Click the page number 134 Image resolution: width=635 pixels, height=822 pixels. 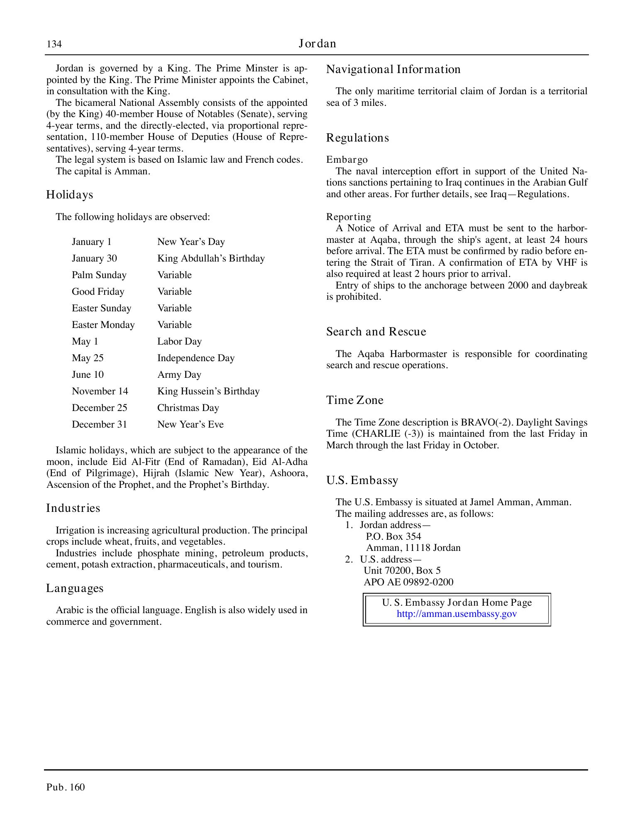pyautogui.click(x=54, y=44)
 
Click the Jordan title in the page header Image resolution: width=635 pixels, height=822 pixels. pyautogui.click(x=317, y=44)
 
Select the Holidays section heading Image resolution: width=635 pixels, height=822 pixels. pyautogui.click(x=69, y=195)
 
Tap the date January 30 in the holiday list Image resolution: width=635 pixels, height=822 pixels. pyautogui.click(x=94, y=259)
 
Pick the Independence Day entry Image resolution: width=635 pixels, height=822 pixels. pyautogui.click(x=196, y=358)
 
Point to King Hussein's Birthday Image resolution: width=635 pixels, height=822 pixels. pyautogui.click(x=208, y=391)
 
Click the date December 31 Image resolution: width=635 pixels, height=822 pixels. pyautogui.click(x=99, y=425)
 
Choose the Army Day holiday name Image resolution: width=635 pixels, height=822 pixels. pyautogui.click(x=179, y=375)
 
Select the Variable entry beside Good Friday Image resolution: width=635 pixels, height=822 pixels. pyautogui.click(x=174, y=292)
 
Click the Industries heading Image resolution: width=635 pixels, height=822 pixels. pyautogui.click(x=73, y=508)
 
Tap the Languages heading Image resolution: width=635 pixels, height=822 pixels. pyautogui.click(x=75, y=588)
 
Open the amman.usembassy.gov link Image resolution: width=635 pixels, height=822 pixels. pyautogui.click(x=457, y=614)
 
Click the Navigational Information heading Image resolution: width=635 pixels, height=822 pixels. pyautogui.click(x=393, y=69)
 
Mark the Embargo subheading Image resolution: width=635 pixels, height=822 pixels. pyautogui.click(x=347, y=160)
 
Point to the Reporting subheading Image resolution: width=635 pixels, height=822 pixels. pyautogui.click(x=349, y=217)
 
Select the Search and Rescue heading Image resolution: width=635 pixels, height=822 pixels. pyautogui.click(x=376, y=332)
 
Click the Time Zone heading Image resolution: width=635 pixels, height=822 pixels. pyautogui.click(x=354, y=400)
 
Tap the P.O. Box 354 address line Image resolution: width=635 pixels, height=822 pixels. pyautogui.click(x=393, y=536)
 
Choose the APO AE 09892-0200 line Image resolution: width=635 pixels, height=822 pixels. pyautogui.click(x=408, y=582)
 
